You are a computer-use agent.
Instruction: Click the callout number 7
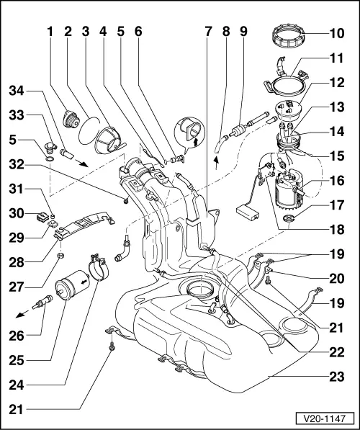pos(209,32)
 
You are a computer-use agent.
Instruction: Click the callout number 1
pos(50,32)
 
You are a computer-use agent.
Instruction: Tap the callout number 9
pos(243,32)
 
